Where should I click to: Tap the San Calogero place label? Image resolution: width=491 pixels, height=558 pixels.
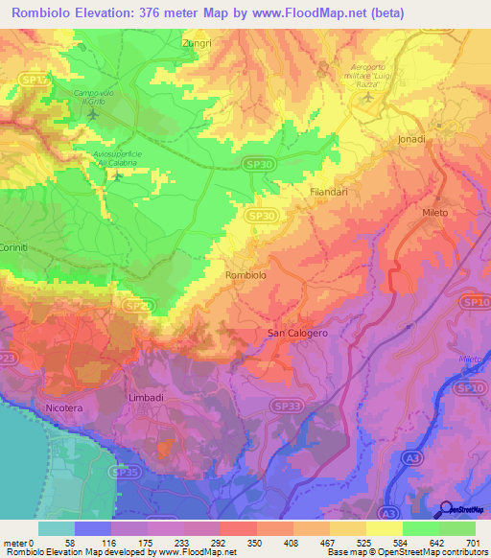click(297, 333)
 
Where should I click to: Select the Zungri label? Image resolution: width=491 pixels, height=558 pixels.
click(196, 43)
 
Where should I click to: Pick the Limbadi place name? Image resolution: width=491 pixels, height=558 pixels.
click(147, 396)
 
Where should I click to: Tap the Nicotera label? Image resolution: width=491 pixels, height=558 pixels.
click(64, 408)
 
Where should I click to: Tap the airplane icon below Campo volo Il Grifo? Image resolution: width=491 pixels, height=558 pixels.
click(92, 115)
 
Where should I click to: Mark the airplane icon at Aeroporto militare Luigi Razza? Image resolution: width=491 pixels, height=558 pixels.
click(366, 97)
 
